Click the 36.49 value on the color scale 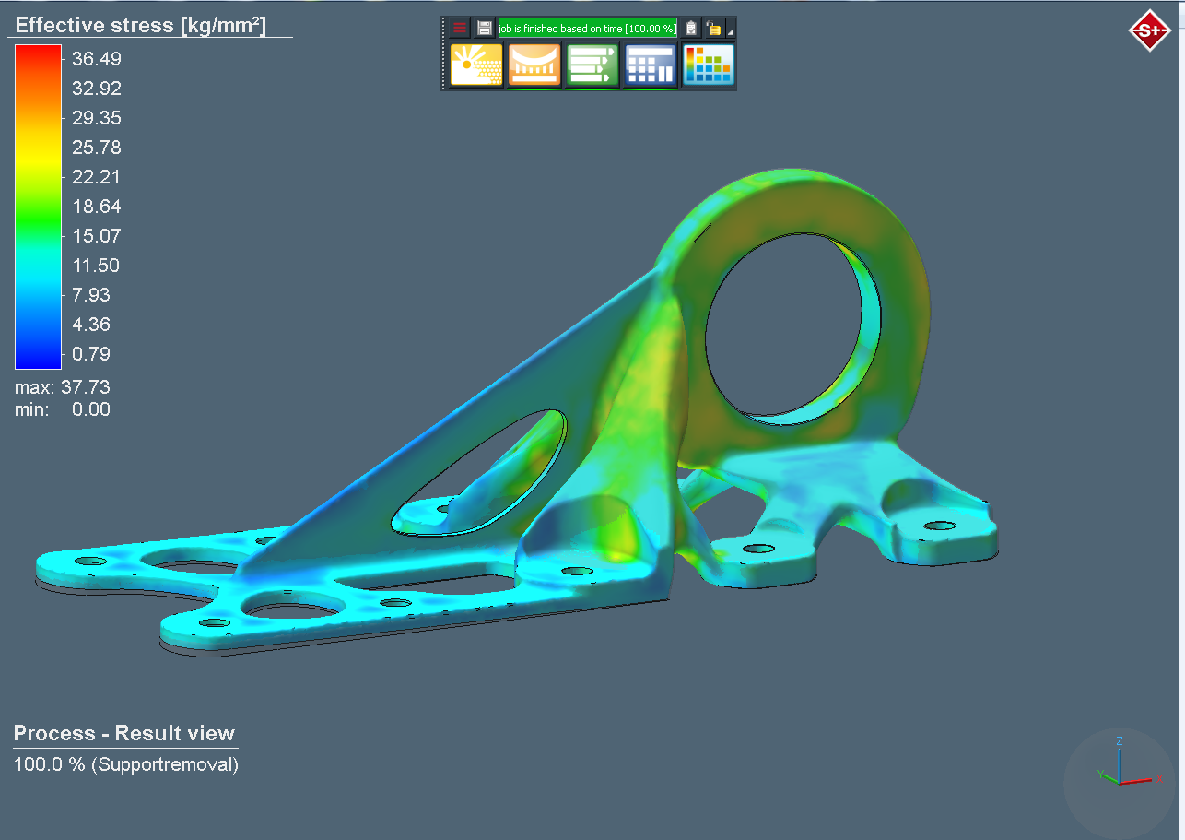(x=96, y=59)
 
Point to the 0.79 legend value (x=91, y=354)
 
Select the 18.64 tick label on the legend (x=96, y=207)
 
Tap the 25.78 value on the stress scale (x=96, y=148)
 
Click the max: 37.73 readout (x=63, y=387)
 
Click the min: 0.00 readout (x=63, y=409)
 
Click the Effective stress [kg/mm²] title (x=140, y=25)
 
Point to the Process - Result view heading (x=124, y=733)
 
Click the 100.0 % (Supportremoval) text (x=126, y=764)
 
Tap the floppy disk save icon (x=485, y=29)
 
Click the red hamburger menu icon (x=460, y=29)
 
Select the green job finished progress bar (x=587, y=29)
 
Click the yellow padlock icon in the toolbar (x=714, y=29)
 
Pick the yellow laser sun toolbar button (x=476, y=65)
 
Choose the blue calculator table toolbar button (x=650, y=65)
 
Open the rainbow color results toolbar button (x=708, y=65)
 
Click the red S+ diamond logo (x=1149, y=30)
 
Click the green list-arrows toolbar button (x=592, y=65)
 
